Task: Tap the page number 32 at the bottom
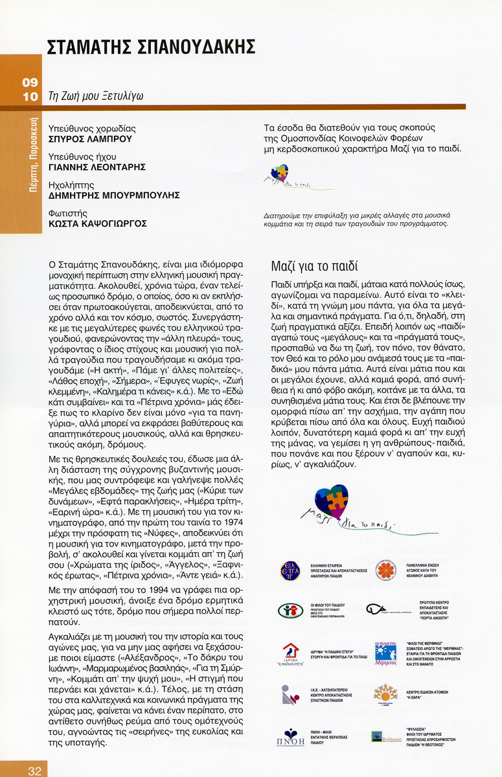[34, 771]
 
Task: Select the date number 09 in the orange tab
[30, 82]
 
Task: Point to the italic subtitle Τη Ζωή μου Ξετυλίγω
[96, 96]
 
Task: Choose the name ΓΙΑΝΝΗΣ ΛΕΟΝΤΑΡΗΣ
[97, 167]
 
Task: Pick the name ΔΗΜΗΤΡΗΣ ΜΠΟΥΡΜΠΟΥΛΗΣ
[114, 195]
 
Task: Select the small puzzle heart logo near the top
[279, 173]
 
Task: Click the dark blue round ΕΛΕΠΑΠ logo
[290, 570]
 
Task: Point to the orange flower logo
[386, 570]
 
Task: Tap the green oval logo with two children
[290, 611]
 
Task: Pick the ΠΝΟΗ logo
[290, 738]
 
